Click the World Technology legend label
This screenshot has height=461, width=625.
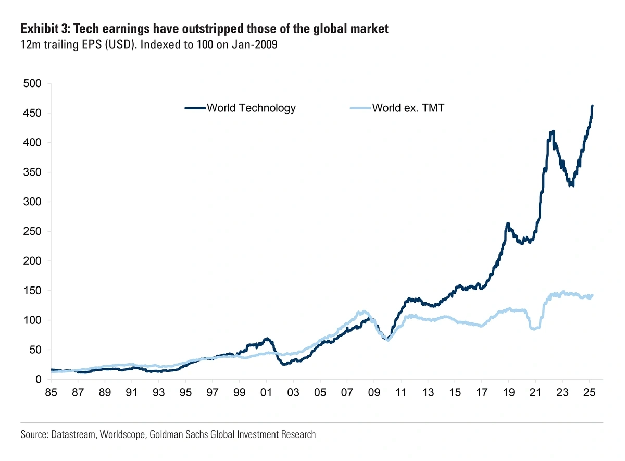[x=251, y=108]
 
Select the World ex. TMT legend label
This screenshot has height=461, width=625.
[x=408, y=108]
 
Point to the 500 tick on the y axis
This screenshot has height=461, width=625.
[x=33, y=84]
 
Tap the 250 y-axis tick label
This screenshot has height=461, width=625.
[x=33, y=231]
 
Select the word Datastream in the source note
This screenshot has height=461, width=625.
[x=71, y=434]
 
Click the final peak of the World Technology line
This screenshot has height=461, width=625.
[x=593, y=106]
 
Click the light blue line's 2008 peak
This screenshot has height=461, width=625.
[x=361, y=312]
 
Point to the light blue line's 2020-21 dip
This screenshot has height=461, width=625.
[x=533, y=328]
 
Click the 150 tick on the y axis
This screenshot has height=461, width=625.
[x=33, y=291]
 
